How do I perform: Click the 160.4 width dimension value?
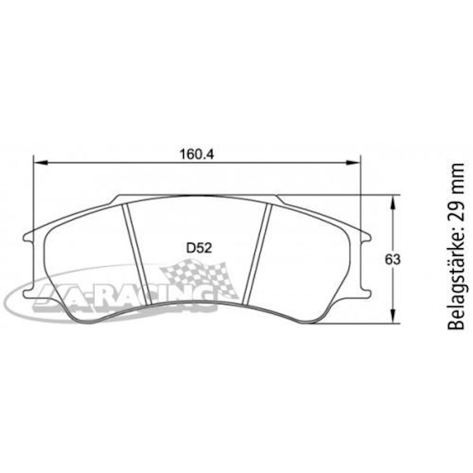pos(197,154)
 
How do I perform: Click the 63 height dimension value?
pos(392,260)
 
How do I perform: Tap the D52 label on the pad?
pos(199,248)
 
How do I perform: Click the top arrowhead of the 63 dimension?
pos(393,202)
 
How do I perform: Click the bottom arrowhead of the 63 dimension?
pos(393,317)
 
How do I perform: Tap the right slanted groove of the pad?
pos(258,254)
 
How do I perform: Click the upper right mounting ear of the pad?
pos(365,237)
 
